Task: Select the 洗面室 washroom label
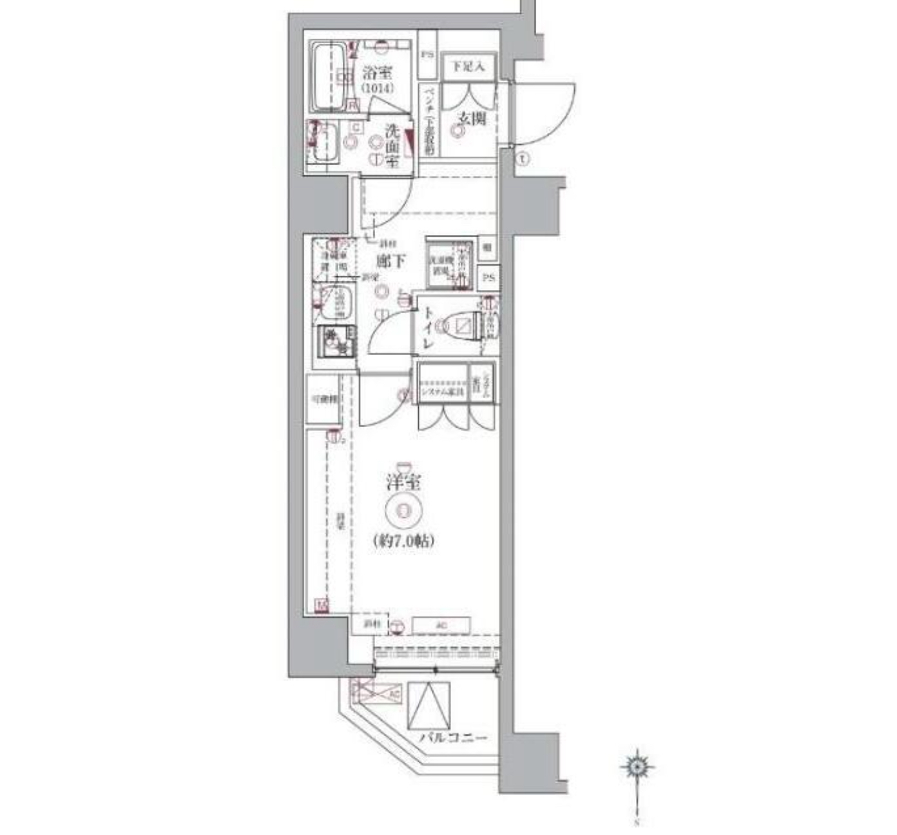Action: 392,146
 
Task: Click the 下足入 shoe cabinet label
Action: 468,66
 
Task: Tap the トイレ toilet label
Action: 428,329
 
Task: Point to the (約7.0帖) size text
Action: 403,542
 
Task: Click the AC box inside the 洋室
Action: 441,625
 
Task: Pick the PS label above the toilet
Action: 488,278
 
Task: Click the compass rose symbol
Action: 637,766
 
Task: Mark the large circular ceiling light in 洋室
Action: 403,511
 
